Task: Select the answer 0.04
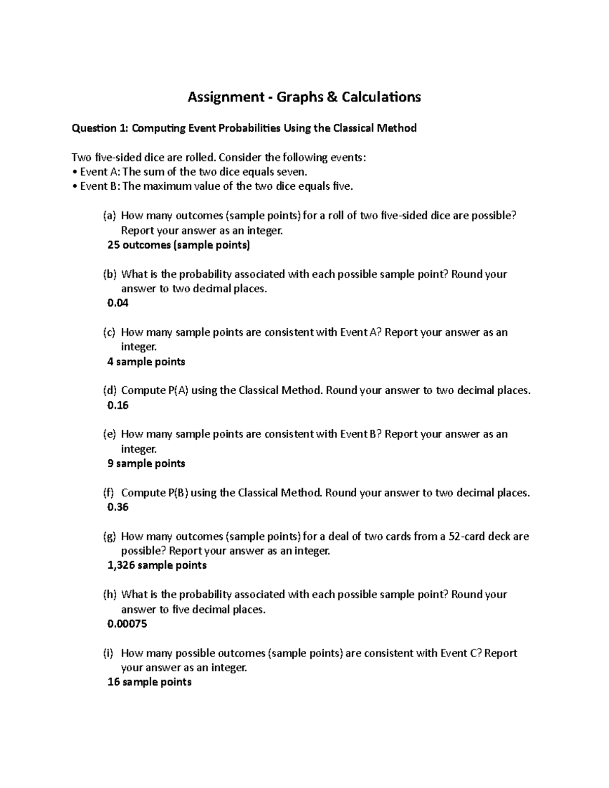click(118, 303)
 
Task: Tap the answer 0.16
click(118, 405)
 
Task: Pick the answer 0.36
click(118, 507)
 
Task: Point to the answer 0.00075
click(127, 624)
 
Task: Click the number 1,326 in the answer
click(121, 566)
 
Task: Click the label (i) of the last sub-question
click(109, 654)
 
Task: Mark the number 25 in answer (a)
click(113, 246)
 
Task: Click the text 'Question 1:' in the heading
click(100, 128)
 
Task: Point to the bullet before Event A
click(75, 172)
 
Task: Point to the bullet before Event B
click(75, 186)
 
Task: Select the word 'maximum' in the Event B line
click(165, 186)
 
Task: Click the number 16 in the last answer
click(114, 682)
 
